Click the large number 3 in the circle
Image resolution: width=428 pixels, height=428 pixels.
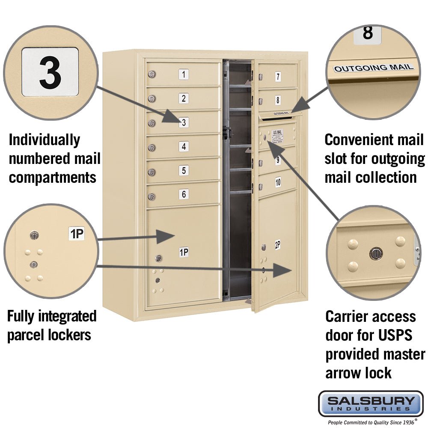pos(50,72)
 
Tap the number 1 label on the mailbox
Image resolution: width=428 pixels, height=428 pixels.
pos(184,74)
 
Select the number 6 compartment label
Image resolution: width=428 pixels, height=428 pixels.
pos(184,194)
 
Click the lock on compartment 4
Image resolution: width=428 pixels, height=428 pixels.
pos(151,148)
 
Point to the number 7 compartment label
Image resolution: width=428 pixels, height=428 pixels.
pos(278,77)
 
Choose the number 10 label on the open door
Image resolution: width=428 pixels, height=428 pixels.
pos(278,182)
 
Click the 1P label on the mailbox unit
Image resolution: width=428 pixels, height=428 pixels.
pos(184,253)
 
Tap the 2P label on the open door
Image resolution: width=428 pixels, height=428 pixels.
pos(277,245)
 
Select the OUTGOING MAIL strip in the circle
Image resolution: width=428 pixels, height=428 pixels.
pos(374,68)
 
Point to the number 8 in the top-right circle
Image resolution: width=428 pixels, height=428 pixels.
pos(367,33)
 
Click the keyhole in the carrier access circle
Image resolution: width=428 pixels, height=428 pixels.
pos(375,253)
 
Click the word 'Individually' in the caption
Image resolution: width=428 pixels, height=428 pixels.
pos(44,140)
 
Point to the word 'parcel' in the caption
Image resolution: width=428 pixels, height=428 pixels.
pos(28,335)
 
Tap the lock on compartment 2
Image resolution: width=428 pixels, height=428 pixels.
pos(151,99)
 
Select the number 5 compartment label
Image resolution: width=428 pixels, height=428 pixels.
pos(184,170)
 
